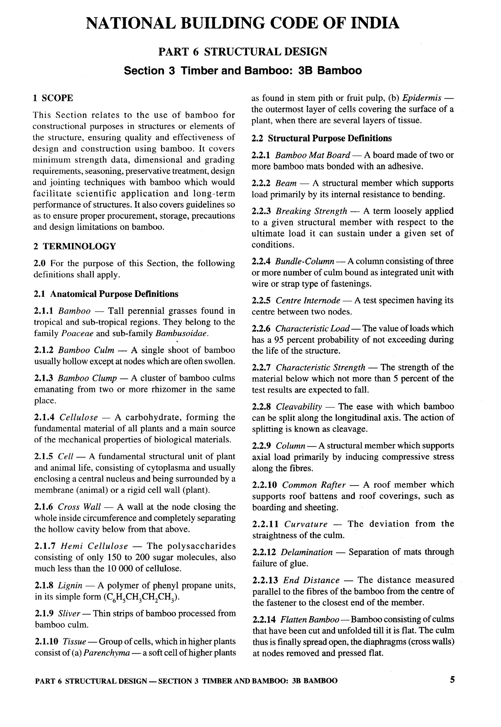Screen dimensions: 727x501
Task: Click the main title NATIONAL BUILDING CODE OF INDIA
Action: (242, 23)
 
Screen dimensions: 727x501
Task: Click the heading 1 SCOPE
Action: (53, 98)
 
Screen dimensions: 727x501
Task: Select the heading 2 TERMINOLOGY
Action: (75, 246)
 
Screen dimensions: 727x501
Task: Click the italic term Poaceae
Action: (77, 333)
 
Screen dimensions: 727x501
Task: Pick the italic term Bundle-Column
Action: (305, 261)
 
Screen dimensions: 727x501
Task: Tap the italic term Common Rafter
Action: (314, 485)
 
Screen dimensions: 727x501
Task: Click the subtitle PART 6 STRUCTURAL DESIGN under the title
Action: (242, 51)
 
